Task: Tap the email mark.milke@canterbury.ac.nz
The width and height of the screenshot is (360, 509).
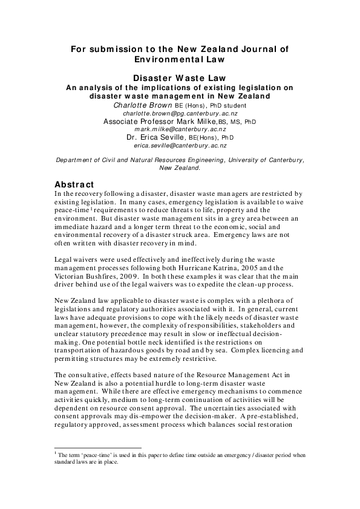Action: point(180,129)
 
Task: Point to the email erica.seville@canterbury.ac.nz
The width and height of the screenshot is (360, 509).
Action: point(180,145)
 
